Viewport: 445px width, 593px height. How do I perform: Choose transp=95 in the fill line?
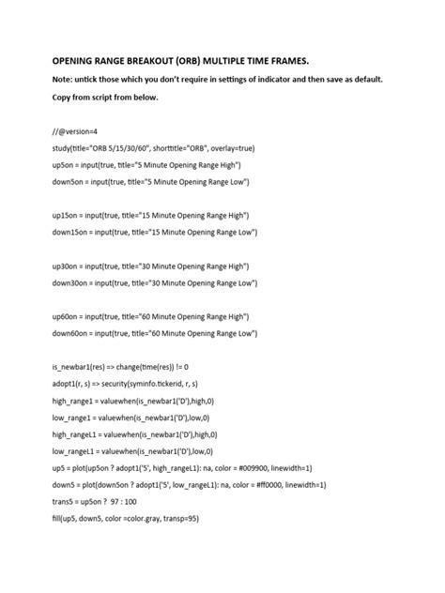coord(178,518)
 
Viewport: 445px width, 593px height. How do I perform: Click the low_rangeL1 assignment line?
coord(131,450)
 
